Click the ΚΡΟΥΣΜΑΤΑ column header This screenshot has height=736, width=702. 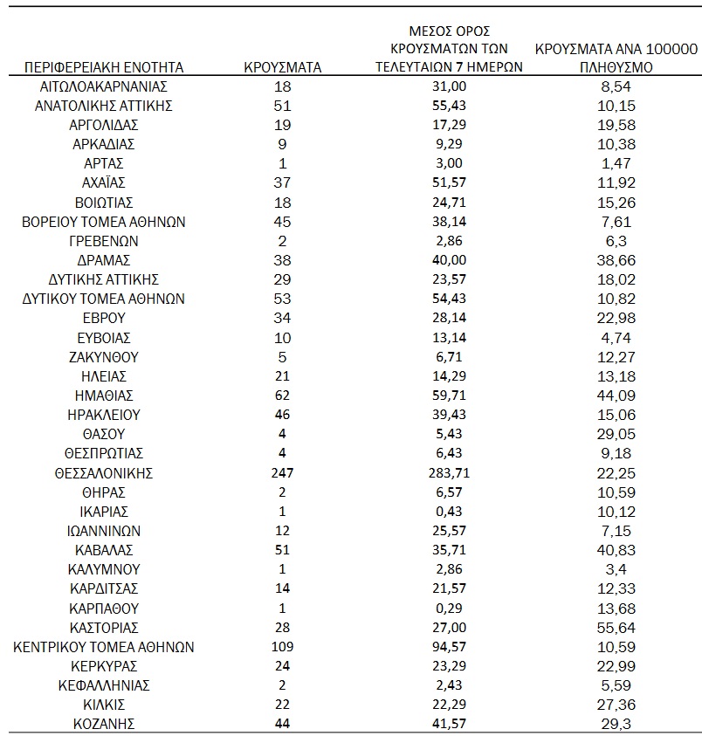tap(282, 66)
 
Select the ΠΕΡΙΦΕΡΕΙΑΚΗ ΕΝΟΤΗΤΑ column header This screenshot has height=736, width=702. tap(104, 66)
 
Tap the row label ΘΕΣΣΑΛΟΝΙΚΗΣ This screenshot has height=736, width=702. tap(104, 473)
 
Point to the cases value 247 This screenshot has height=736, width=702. tap(282, 473)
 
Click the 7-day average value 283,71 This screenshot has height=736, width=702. tap(449, 473)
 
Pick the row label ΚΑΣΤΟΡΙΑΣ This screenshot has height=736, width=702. tap(104, 627)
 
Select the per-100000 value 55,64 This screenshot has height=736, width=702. tap(616, 627)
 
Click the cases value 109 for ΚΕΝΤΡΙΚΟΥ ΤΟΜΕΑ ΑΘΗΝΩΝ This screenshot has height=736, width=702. tap(282, 646)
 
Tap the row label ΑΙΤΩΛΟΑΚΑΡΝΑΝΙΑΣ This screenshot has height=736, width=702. tap(104, 86)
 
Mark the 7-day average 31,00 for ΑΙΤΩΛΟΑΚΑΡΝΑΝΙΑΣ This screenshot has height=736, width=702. tap(449, 86)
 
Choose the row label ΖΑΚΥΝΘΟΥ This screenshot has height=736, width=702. tap(104, 357)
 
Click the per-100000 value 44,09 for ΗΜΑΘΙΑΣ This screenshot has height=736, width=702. tap(616, 396)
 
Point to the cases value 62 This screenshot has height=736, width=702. tap(282, 396)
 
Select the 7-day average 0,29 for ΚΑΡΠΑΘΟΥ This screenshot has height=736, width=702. tap(449, 608)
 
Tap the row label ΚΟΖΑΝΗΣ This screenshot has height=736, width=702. tap(104, 724)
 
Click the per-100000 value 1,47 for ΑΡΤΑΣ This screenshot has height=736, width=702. tap(616, 163)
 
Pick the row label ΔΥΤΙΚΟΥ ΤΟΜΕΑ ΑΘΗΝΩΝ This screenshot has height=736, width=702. tap(104, 299)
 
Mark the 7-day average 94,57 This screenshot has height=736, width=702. tap(449, 646)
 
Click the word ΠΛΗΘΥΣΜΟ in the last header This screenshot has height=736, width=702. tap(616, 66)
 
